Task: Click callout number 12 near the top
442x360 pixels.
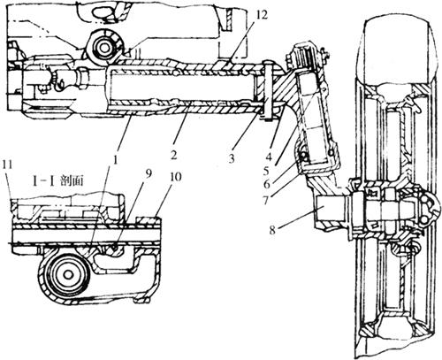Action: click(262, 14)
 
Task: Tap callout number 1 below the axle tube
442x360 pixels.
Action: click(116, 160)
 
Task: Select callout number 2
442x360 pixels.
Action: click(173, 155)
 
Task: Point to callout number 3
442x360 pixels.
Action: click(232, 158)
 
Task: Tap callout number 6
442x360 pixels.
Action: click(266, 185)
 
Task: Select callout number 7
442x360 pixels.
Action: click(266, 201)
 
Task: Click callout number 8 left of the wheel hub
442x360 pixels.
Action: click(272, 230)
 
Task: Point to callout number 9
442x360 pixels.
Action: click(148, 174)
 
